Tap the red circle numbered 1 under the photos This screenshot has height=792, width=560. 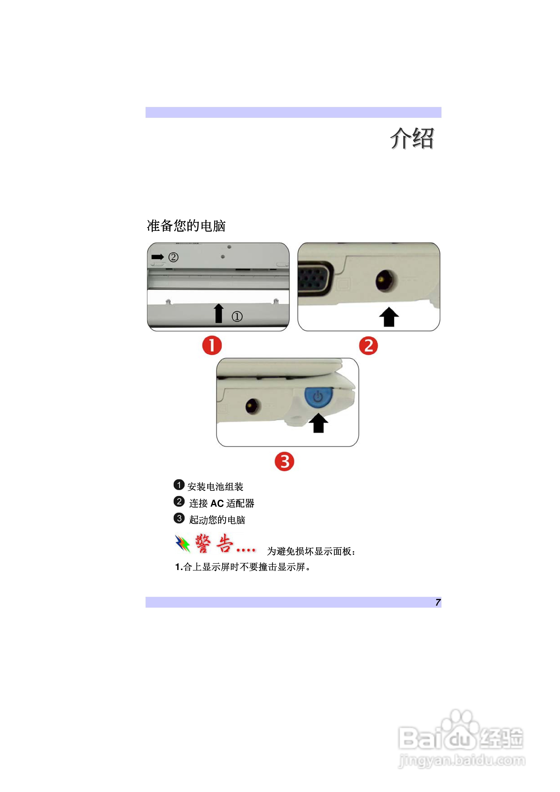click(212, 345)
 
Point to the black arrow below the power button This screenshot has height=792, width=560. click(318, 423)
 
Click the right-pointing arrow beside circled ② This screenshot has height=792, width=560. click(158, 257)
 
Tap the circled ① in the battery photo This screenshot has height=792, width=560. click(237, 316)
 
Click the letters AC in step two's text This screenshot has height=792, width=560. click(217, 503)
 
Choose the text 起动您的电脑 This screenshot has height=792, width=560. click(217, 520)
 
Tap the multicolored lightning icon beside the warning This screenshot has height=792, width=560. click(183, 544)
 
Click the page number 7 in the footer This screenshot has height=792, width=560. click(437, 602)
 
